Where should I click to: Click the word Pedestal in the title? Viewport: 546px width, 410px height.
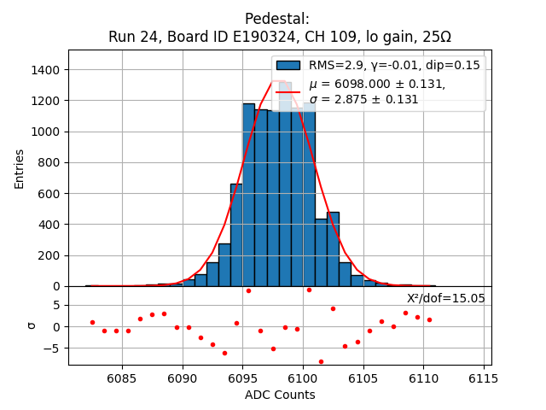[x=277, y=19]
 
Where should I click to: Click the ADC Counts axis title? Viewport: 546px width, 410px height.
[x=280, y=395]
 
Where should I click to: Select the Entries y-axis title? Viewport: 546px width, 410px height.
[x=20, y=168]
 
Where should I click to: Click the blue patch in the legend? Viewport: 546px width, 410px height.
[x=288, y=66]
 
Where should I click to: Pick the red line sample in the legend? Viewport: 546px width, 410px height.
[x=288, y=91]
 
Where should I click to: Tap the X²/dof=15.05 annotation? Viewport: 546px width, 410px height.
[x=445, y=298]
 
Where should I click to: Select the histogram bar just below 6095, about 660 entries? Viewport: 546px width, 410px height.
[x=236, y=235]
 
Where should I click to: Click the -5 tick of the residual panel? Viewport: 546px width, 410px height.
[x=55, y=348]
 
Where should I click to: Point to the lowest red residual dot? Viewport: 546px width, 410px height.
[x=321, y=361]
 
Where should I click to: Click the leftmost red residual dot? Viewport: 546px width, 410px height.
[x=92, y=322]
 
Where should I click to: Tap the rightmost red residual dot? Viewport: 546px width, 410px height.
[x=429, y=319]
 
